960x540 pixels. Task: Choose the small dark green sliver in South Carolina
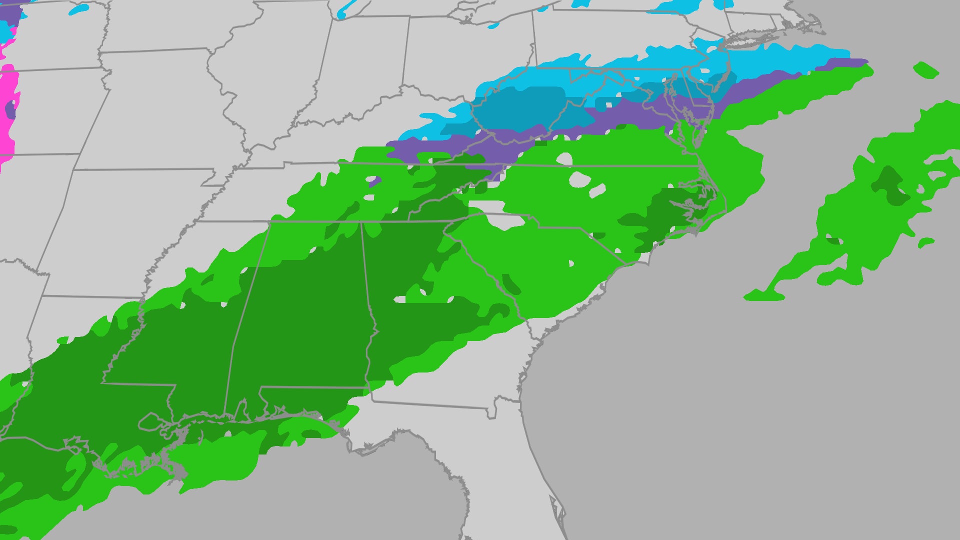510,283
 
